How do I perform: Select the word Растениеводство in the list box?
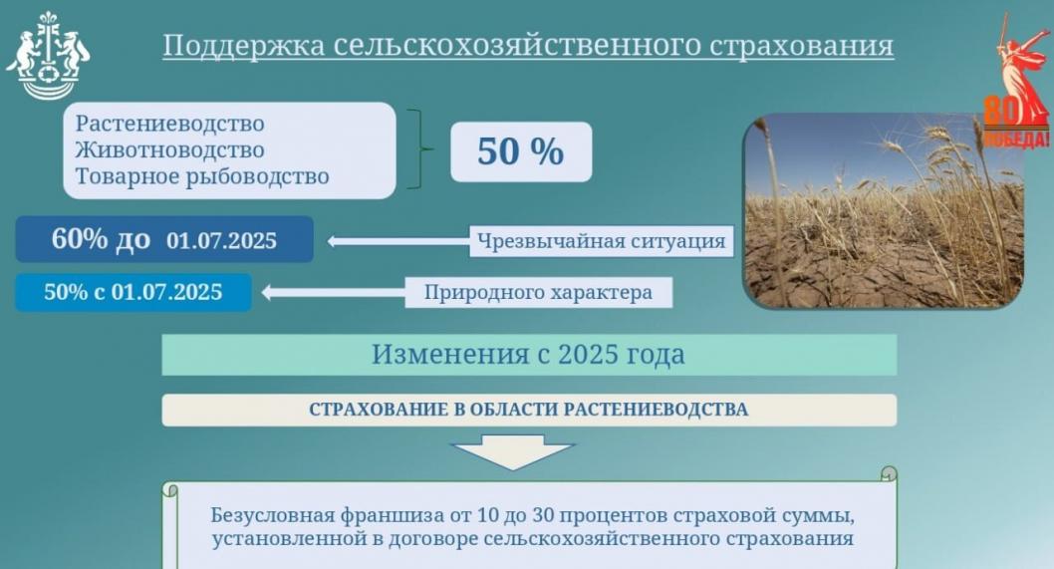tap(170, 125)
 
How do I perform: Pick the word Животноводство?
tap(170, 150)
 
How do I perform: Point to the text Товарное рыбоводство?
tap(202, 177)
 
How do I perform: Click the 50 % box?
tap(521, 151)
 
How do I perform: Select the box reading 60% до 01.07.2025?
tap(164, 240)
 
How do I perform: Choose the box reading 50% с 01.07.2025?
tap(133, 292)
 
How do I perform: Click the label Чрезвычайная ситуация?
tap(602, 240)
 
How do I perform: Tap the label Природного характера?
tap(538, 293)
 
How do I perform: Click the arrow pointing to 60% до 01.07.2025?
tap(398, 240)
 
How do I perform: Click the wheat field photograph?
tap(885, 210)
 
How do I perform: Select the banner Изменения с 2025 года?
tap(529, 355)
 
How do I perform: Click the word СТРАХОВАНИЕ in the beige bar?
tap(373, 410)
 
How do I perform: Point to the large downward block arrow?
tap(513, 452)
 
